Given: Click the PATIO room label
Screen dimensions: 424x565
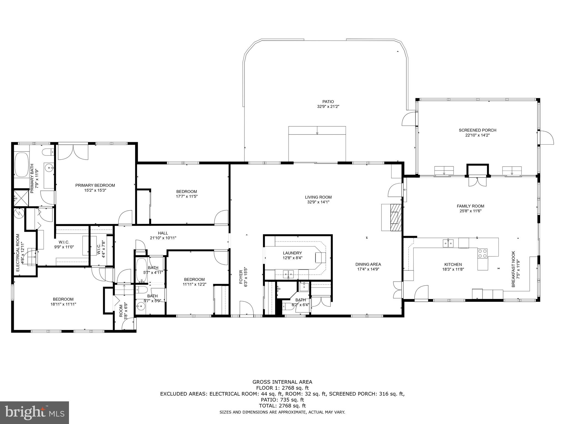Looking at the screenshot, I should pos(328,102).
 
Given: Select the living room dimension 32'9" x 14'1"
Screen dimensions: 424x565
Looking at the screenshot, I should pos(318,202).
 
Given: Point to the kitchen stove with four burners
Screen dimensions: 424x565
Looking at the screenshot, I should pos(483,253).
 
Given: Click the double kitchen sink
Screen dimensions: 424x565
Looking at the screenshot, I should pos(448,243).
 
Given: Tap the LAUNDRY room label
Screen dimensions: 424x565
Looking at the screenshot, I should pos(292,253).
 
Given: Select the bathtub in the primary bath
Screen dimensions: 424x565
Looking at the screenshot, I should pos(21,165).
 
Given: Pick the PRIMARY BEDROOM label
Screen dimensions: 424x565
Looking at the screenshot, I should pos(95,185).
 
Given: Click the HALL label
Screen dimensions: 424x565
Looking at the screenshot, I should pos(163,233).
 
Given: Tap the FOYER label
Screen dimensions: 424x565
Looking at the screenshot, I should pos(241,277).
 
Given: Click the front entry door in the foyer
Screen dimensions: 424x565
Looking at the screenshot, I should pos(247,309).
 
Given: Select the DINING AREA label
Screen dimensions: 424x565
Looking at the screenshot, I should pos(368,264).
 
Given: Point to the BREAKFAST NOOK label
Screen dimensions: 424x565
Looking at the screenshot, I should pos(513,269).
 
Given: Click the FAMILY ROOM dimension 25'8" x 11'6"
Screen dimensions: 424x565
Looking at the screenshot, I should pos(470,211).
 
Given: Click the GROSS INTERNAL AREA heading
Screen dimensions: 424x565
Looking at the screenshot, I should pos(282,382).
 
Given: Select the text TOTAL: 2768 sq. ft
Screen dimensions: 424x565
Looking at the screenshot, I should pos(282,406).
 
